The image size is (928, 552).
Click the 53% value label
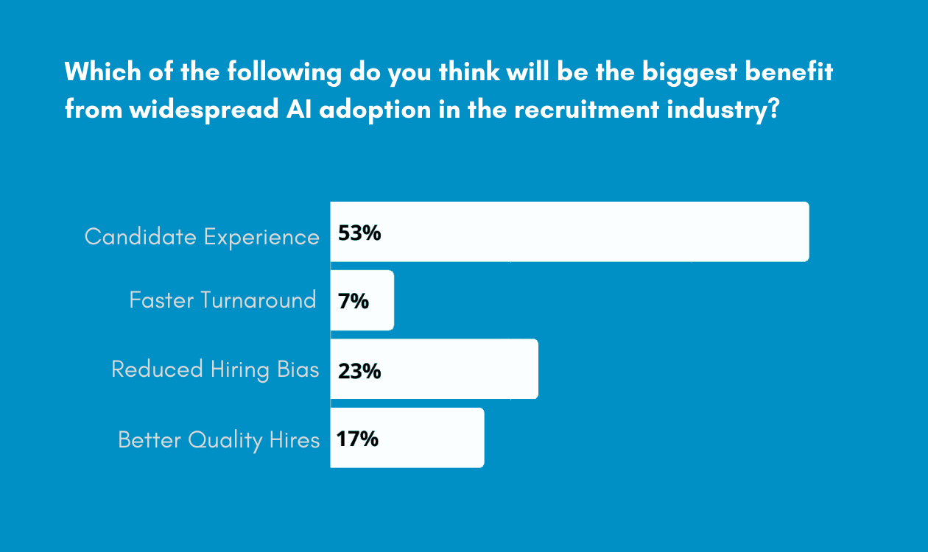click(359, 233)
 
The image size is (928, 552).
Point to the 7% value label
click(354, 301)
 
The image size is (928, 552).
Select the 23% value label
click(359, 371)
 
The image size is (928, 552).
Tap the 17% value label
click(357, 439)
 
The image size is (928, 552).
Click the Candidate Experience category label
click(202, 237)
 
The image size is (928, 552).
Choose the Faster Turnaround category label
click(222, 300)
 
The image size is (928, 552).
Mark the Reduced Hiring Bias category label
click(215, 369)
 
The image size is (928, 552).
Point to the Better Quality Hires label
click(219, 440)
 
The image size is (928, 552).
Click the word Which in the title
click(95, 73)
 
